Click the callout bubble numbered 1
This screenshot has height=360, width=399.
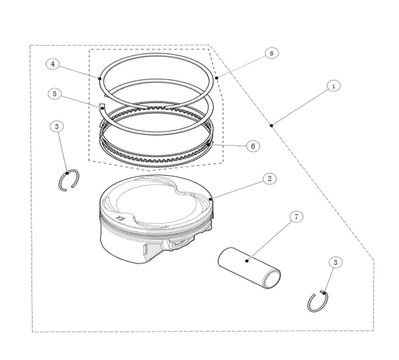(334, 86)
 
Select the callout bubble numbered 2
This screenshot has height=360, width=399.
(270, 179)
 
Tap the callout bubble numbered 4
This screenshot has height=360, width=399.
(53, 64)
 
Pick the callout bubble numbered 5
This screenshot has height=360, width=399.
(55, 94)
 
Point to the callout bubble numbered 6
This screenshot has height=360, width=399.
(253, 146)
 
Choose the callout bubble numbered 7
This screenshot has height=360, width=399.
(297, 217)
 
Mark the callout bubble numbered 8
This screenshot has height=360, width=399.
(272, 53)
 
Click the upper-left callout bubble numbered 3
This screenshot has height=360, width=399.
(57, 126)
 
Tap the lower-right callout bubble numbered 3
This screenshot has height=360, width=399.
(335, 262)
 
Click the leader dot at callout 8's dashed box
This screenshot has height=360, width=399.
(217, 78)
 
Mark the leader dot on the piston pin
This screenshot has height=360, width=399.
(247, 261)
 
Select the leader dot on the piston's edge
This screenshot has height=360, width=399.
(210, 199)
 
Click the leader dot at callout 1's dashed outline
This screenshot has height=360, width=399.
(272, 125)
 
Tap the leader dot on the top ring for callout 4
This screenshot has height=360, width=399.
(100, 78)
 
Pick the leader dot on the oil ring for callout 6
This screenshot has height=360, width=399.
(209, 144)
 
